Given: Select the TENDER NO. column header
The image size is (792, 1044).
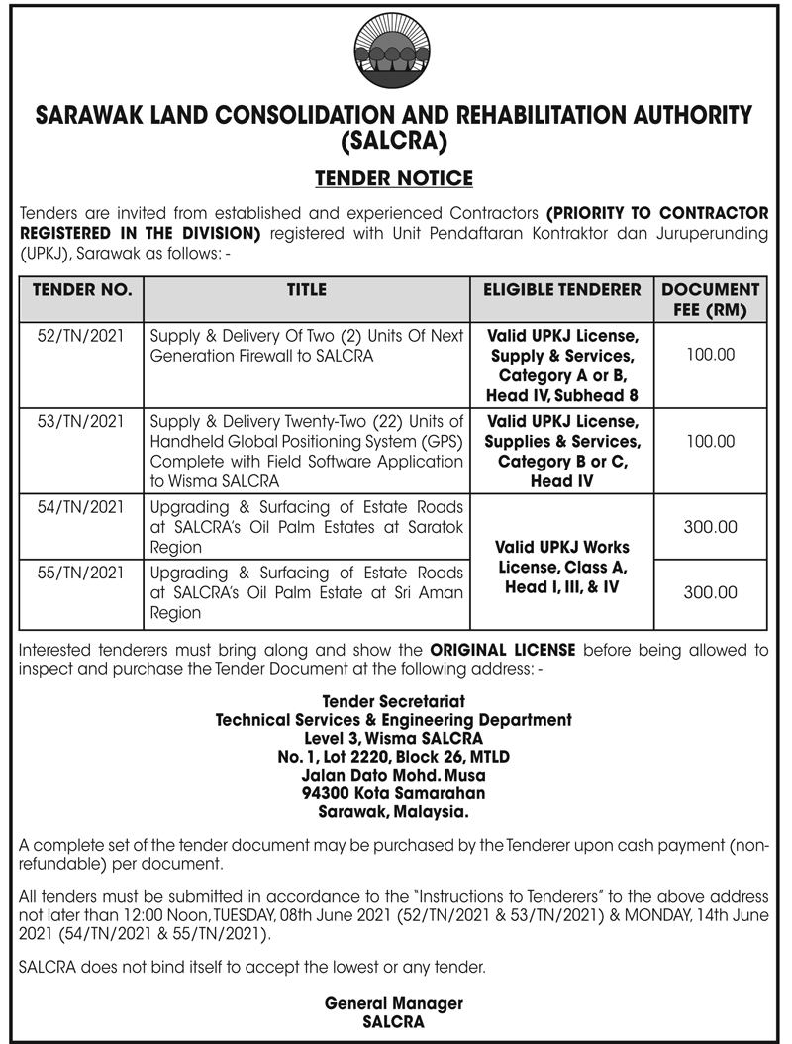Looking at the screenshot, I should tap(81, 290).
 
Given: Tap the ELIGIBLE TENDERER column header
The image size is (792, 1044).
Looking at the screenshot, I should tap(561, 290).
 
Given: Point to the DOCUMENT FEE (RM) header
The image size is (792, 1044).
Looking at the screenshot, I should tap(710, 299).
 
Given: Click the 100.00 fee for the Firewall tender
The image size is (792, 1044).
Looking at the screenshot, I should tap(710, 354).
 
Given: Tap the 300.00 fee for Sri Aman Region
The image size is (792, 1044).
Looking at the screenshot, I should tap(710, 593).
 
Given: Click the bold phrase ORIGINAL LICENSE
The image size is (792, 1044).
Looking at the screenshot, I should tap(505, 651).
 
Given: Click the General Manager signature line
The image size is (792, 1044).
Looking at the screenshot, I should tap(393, 1003).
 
